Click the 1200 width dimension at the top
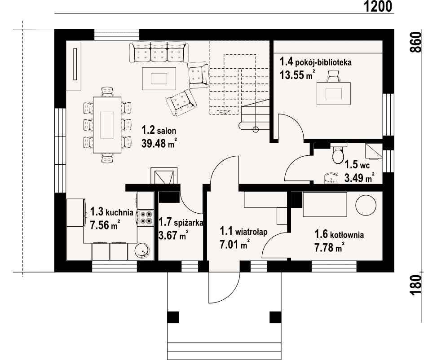click(378, 6)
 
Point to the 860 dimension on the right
click(416, 42)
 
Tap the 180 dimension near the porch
click(416, 285)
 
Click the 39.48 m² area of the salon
click(159, 143)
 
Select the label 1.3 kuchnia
click(112, 212)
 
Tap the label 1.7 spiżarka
click(181, 222)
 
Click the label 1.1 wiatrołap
click(243, 231)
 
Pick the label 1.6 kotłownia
click(339, 234)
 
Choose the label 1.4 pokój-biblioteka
click(315, 62)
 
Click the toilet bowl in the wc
click(338, 155)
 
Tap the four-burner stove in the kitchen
click(146, 218)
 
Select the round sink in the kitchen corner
click(143, 250)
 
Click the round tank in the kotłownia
click(366, 205)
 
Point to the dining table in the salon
click(107, 125)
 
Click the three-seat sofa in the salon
click(159, 52)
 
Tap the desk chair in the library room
click(334, 76)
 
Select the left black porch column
click(173, 317)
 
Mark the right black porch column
click(275, 317)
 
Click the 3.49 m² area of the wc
click(359, 177)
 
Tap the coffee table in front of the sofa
click(159, 79)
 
